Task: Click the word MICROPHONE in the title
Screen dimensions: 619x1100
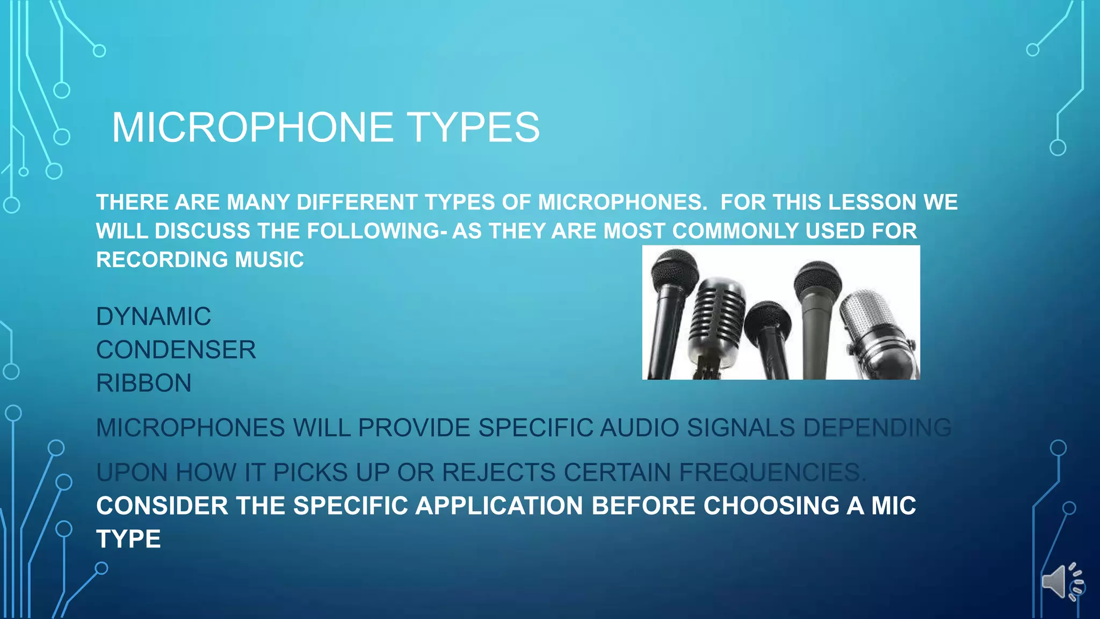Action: coord(252,127)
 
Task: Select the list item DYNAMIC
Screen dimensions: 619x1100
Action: coord(154,316)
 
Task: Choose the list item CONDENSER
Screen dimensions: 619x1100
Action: coord(176,350)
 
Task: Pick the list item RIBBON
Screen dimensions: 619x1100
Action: coord(144,383)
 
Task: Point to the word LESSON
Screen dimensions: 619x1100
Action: coord(873,203)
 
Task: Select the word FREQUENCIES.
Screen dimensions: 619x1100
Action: coord(772,473)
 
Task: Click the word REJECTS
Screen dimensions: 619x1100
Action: coord(498,473)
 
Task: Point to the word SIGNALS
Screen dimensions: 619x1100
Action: coord(741,428)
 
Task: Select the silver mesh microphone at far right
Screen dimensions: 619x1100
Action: coord(870,322)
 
